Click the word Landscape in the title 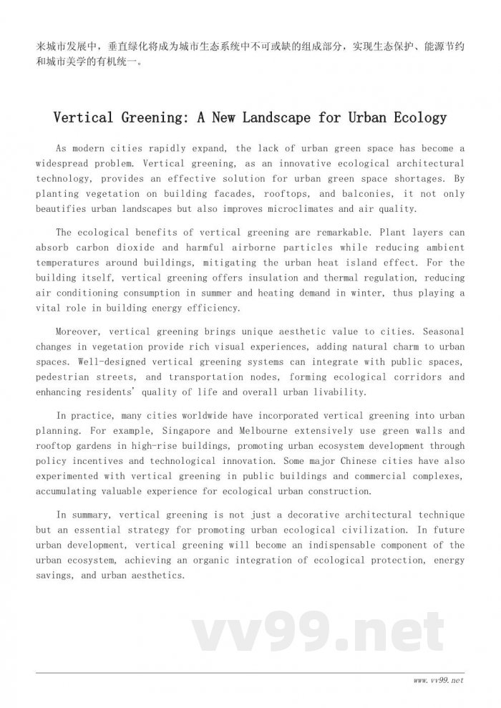272,117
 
